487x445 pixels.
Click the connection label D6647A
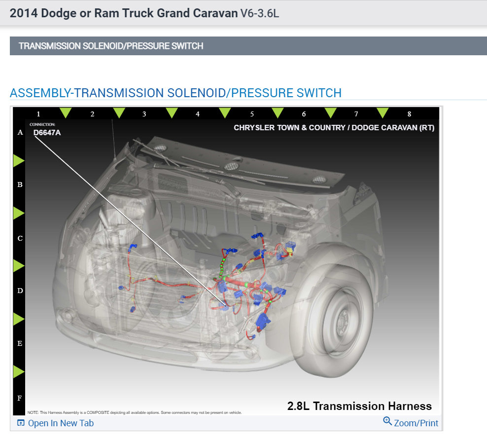47,133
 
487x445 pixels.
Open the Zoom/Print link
416,423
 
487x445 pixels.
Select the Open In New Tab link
61,423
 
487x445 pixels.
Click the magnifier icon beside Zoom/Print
387,421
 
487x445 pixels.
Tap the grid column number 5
252,114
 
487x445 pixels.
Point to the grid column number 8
409,114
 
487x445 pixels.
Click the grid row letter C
20,238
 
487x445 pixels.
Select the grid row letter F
20,398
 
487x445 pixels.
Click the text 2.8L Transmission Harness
359,406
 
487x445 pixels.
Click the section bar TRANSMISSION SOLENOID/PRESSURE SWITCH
111,46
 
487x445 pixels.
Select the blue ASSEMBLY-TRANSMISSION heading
175,93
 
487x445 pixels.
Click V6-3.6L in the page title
260,13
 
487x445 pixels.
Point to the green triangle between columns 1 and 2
65,112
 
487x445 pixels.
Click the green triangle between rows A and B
18,160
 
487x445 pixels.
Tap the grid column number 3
144,114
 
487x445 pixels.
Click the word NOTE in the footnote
33,412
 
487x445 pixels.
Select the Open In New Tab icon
21,423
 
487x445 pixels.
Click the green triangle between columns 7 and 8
383,112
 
